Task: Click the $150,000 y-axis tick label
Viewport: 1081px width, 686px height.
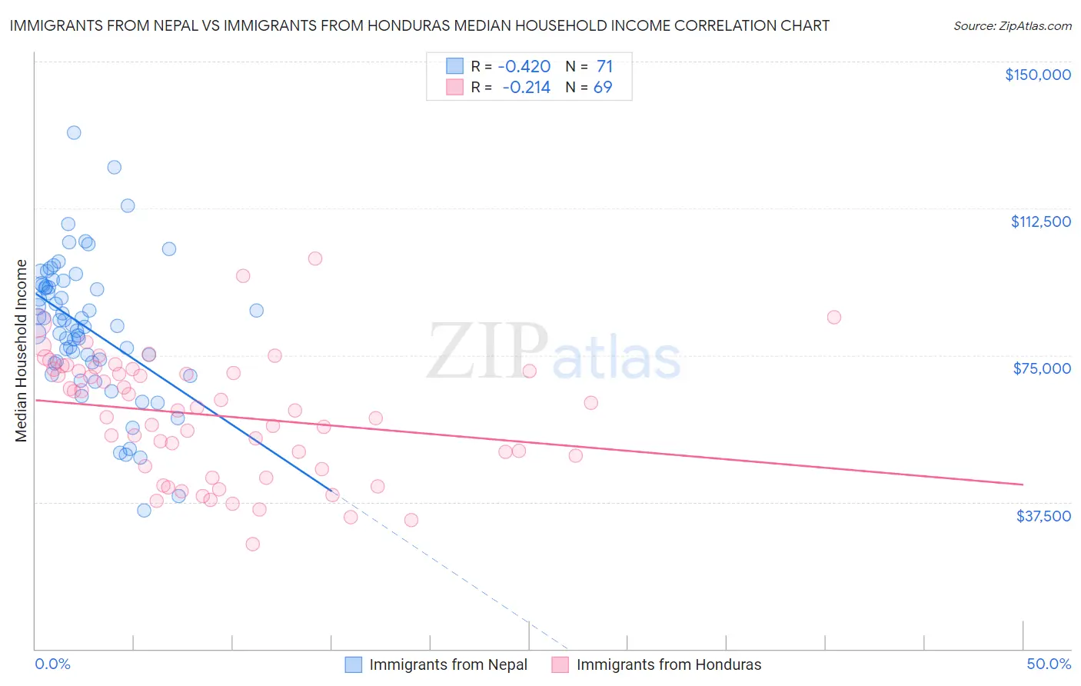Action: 1037,75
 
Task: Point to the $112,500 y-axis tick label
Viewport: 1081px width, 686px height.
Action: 1040,221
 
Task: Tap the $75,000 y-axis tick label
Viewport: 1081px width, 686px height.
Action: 1042,368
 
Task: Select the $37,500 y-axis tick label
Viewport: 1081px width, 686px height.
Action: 1043,516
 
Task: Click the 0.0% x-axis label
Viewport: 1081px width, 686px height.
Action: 52,664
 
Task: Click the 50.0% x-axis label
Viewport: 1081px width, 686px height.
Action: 1049,664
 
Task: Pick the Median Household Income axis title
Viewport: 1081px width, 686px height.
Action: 21,351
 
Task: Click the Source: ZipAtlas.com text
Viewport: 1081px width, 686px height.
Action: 1012,25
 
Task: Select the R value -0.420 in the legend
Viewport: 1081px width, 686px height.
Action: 525,66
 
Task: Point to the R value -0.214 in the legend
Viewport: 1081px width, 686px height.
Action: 526,88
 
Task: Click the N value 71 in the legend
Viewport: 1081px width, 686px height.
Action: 604,66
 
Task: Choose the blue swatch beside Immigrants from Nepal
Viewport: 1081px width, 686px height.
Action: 353,664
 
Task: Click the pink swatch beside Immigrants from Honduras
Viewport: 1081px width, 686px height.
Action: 560,664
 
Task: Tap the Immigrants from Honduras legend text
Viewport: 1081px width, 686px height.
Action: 668,664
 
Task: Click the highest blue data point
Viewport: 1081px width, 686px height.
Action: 74,132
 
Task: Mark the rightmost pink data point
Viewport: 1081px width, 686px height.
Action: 833,317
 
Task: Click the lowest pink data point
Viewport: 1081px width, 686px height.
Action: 252,544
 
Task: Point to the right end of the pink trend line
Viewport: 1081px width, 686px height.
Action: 1023,485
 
